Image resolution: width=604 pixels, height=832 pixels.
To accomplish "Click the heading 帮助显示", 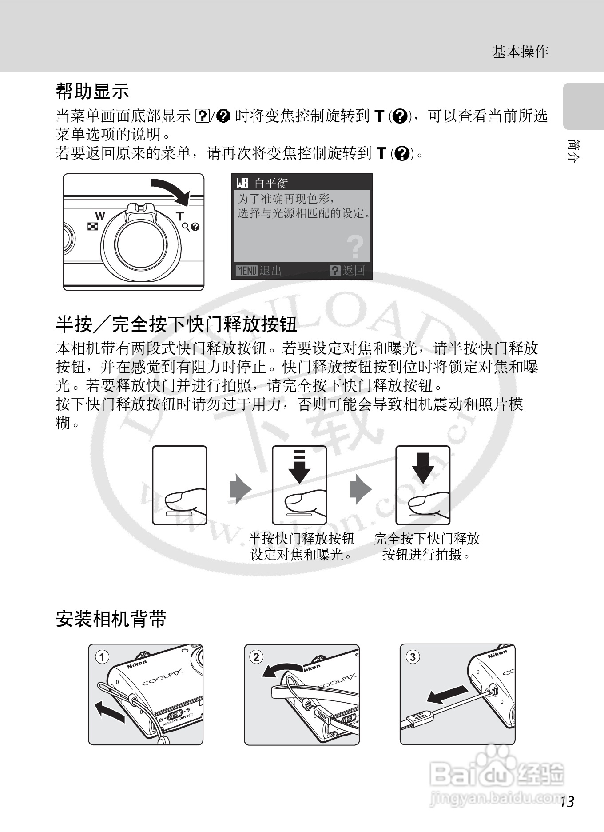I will click(92, 92).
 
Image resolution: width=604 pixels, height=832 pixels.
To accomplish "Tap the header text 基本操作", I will click(520, 52).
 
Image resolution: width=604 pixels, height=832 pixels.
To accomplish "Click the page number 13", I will click(567, 802).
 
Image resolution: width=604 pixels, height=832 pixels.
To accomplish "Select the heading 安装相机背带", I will click(111, 619).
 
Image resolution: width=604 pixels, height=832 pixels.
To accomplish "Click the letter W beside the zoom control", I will click(100, 216).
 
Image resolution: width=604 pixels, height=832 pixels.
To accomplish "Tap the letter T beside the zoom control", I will click(179, 216).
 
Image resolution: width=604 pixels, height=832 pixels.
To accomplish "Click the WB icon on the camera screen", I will click(242, 183).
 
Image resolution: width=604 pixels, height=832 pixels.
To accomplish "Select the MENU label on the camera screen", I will click(246, 270).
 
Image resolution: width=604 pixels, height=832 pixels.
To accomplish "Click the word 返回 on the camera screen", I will click(354, 270).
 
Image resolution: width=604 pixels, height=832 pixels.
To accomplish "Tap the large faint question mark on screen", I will click(355, 247).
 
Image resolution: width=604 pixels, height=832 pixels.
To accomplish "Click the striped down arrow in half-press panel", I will click(299, 467).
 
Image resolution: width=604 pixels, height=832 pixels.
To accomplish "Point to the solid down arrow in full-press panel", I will click(423, 468).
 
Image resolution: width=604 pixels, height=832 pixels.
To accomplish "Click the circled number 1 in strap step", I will click(102, 657).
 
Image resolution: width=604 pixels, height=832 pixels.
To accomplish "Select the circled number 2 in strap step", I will click(256, 656).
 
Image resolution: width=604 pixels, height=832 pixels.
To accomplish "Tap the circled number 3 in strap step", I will click(413, 656).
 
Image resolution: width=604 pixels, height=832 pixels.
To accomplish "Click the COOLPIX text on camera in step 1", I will click(163, 677).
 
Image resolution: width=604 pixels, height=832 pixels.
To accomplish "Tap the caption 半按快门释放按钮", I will click(302, 539).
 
